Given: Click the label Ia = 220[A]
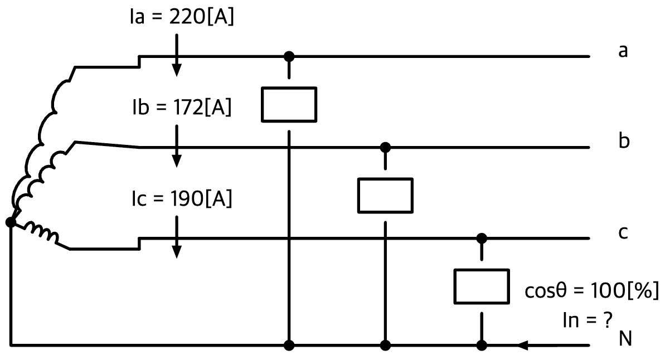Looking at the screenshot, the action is click(x=182, y=17).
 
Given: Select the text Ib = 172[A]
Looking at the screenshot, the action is click(x=182, y=107).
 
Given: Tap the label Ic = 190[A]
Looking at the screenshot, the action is click(x=182, y=198).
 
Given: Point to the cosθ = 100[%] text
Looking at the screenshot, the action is click(x=592, y=290).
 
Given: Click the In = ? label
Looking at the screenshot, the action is click(x=588, y=320).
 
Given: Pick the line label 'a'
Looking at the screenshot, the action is click(x=623, y=51).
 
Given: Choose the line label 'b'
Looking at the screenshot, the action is click(x=624, y=140).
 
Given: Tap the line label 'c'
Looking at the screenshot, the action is click(x=623, y=232).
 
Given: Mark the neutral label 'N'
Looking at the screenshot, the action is click(x=625, y=339).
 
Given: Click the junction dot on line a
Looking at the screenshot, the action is click(x=289, y=56).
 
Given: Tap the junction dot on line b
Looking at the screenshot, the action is click(x=385, y=148).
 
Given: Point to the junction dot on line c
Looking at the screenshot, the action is click(x=482, y=239).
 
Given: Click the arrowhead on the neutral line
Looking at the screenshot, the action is click(x=524, y=346).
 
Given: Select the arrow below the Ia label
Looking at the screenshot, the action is click(x=177, y=55).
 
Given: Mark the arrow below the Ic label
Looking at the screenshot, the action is click(x=177, y=237).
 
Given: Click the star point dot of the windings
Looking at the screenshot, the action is click(x=11, y=222).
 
